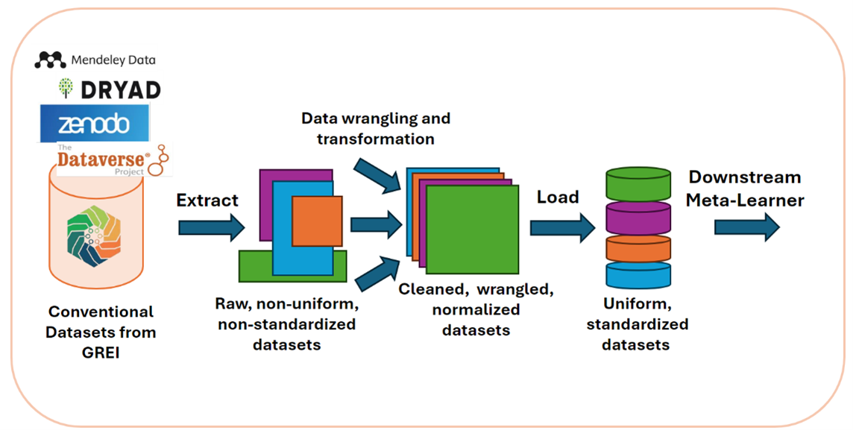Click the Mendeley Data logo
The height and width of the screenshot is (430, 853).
(95, 60)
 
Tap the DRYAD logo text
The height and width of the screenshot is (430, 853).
(110, 89)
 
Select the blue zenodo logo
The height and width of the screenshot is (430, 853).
(94, 123)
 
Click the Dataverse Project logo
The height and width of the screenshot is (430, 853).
(112, 159)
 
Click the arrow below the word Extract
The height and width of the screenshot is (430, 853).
(212, 227)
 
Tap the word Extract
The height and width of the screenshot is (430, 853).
(207, 200)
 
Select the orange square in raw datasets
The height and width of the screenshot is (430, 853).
(317, 221)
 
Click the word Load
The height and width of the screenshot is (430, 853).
(558, 197)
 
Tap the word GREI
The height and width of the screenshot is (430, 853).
(101, 353)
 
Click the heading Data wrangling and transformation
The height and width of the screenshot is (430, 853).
(376, 128)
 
